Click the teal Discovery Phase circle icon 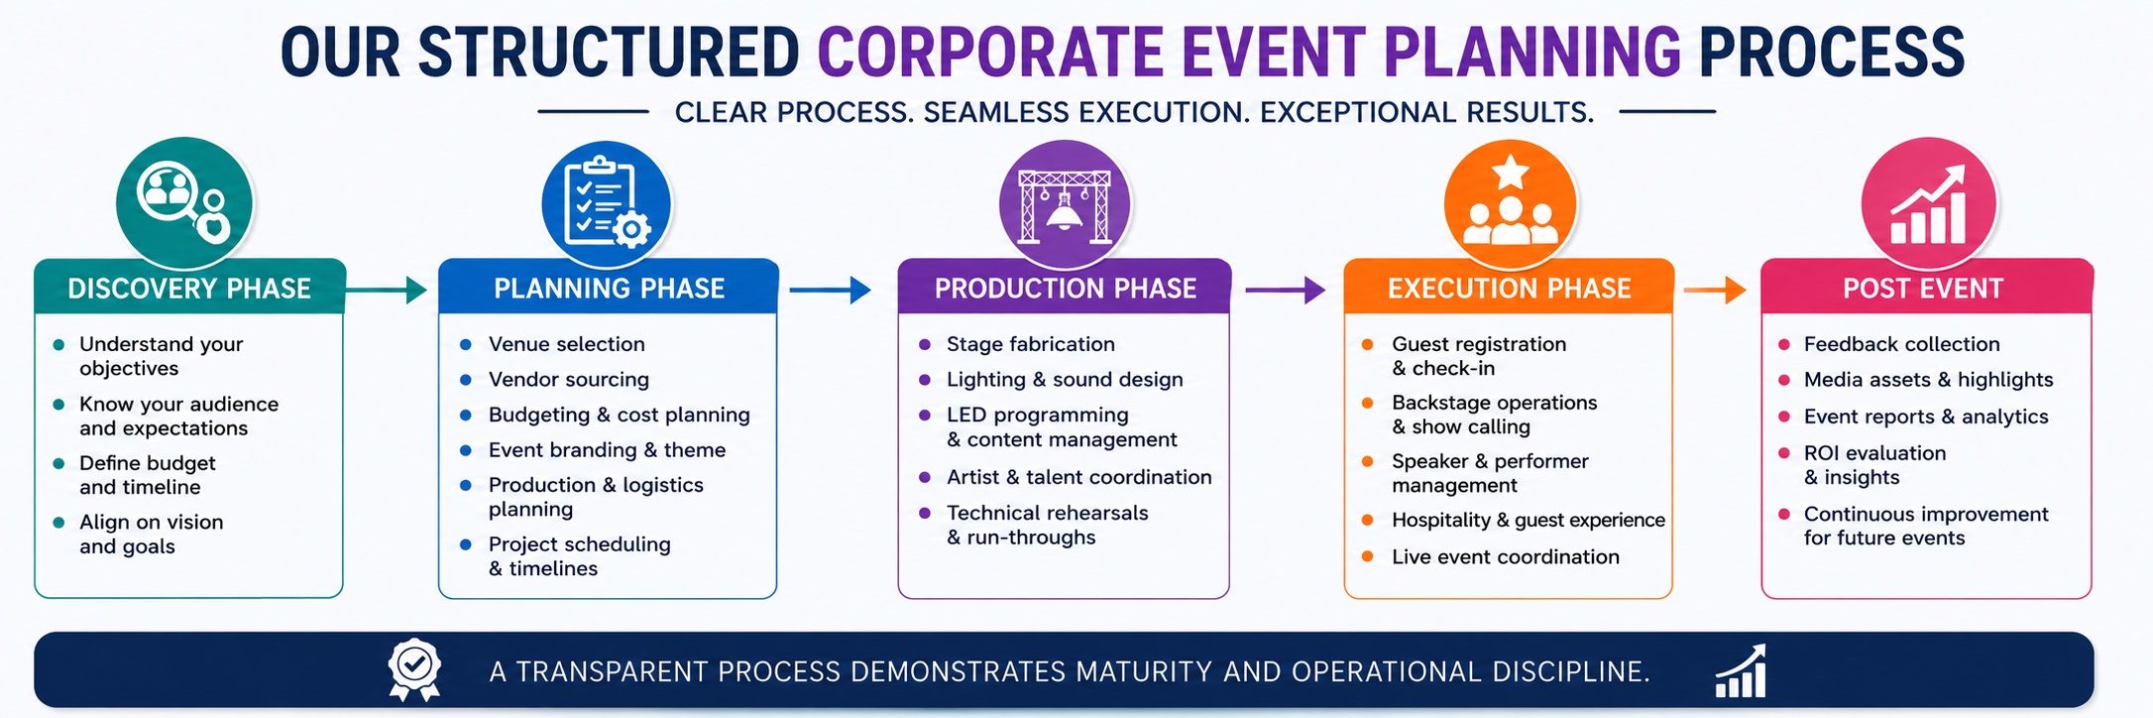click(x=184, y=203)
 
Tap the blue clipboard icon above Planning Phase click(x=607, y=204)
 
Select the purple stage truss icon click(x=1065, y=204)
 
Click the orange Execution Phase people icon click(x=1510, y=204)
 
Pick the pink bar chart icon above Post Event click(x=1928, y=204)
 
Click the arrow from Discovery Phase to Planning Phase click(x=387, y=290)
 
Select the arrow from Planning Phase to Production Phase click(x=831, y=290)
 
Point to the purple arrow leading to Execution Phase click(x=1286, y=290)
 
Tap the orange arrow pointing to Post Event click(x=1715, y=290)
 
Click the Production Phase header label click(x=1066, y=289)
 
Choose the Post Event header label click(x=1923, y=289)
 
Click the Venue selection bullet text click(x=566, y=344)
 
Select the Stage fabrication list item click(x=1031, y=344)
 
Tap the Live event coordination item click(x=1506, y=557)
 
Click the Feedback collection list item click(x=1902, y=344)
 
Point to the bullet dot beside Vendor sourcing click(x=466, y=380)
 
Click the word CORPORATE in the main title click(x=990, y=53)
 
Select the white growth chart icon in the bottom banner click(x=1741, y=671)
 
